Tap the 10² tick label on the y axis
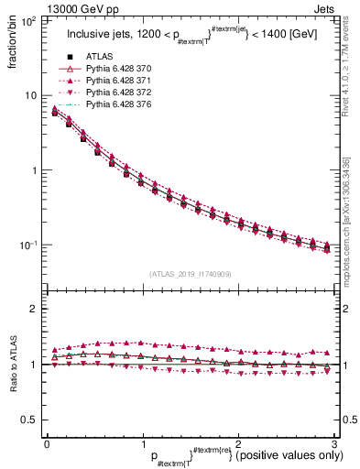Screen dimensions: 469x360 27,20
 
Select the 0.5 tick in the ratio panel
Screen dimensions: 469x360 29,420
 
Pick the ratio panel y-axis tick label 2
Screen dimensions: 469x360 34,309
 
